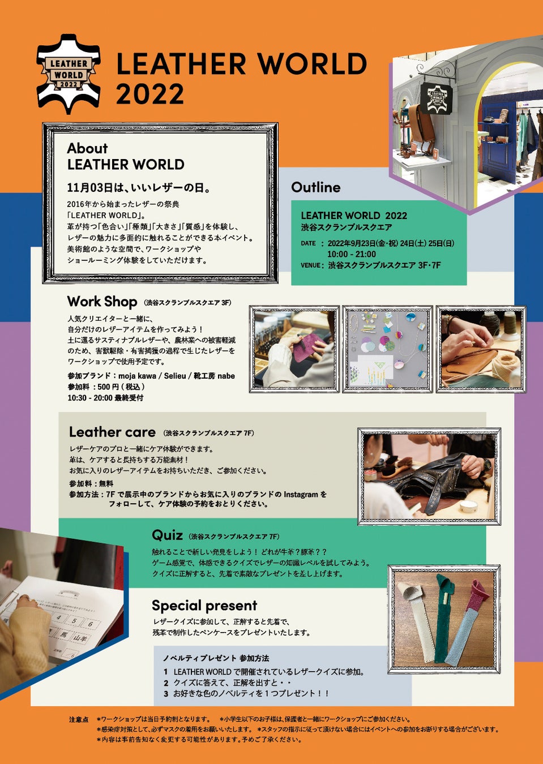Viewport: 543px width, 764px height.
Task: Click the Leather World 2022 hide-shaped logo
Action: [x=69, y=74]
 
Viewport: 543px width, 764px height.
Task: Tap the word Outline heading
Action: [x=316, y=187]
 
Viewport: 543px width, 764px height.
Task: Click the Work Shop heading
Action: [x=102, y=302]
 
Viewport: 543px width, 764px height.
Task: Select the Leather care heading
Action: [x=112, y=432]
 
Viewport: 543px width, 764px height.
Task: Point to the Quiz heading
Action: [x=167, y=535]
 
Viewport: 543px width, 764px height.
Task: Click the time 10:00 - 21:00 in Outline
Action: [x=352, y=254]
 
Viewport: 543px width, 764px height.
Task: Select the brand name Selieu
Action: [x=175, y=376]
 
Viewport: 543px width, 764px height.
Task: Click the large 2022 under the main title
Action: [x=150, y=95]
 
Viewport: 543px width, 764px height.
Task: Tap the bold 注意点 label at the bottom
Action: [x=79, y=720]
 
